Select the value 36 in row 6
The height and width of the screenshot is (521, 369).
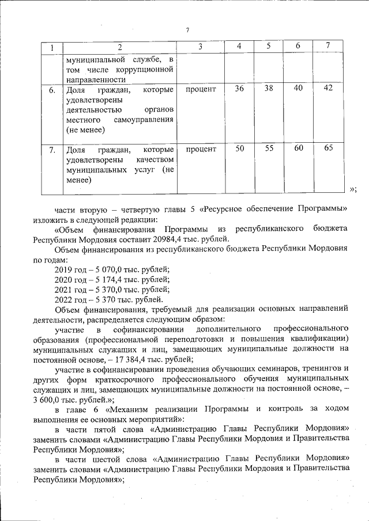[x=240, y=89]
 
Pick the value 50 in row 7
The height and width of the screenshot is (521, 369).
[x=240, y=149]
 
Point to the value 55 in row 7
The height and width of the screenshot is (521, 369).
[x=269, y=149]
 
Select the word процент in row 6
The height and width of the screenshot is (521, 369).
[x=201, y=89]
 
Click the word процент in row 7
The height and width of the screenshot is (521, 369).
[x=201, y=149]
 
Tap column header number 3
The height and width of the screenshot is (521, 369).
[x=200, y=47]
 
